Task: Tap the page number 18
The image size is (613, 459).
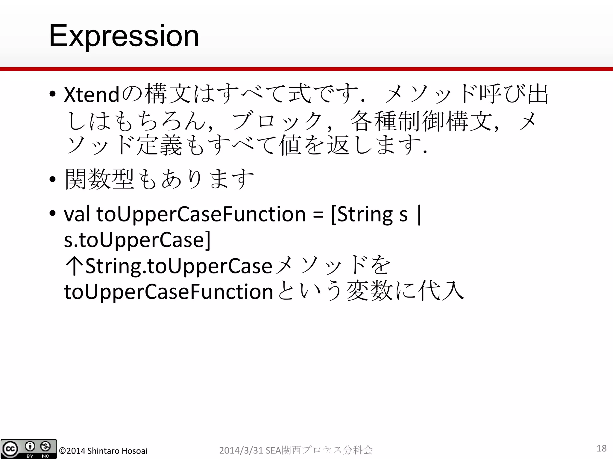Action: [601, 448]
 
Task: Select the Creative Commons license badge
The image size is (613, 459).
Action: [28, 449]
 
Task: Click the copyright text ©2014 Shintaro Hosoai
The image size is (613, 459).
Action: [103, 451]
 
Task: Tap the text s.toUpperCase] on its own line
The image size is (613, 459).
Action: [137, 240]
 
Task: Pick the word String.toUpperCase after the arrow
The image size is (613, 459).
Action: [179, 266]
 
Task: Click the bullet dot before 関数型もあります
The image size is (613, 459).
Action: [53, 180]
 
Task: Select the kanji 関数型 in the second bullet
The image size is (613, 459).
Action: [99, 179]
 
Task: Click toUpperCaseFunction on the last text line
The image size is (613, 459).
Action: [168, 292]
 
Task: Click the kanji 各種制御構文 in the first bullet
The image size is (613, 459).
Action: [421, 121]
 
